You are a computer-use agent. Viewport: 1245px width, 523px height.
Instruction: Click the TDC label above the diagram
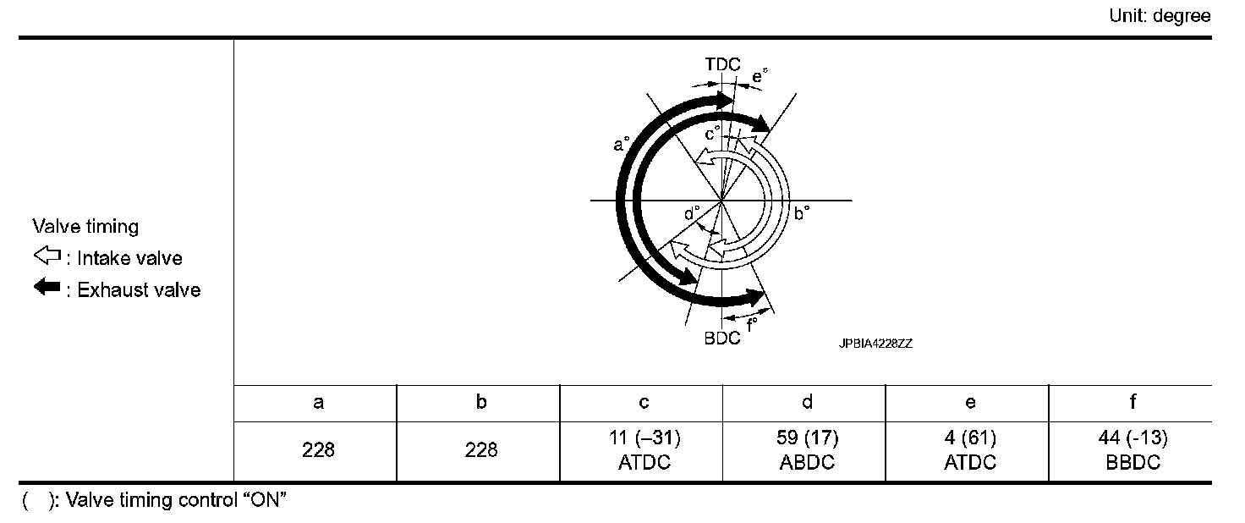pyautogui.click(x=722, y=64)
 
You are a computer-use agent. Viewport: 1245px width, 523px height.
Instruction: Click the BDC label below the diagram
pyautogui.click(x=722, y=338)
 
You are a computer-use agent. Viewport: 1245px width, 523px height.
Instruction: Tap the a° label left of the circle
pyautogui.click(x=621, y=144)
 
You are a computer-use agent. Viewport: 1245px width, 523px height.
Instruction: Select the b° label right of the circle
pyautogui.click(x=802, y=213)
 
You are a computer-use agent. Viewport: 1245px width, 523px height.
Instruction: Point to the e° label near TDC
pyautogui.click(x=760, y=76)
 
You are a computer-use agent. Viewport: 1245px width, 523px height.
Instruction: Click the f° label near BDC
pyautogui.click(x=752, y=324)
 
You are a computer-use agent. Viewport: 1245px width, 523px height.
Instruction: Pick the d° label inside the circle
pyautogui.click(x=691, y=213)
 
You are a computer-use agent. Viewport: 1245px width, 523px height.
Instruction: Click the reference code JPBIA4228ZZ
pyautogui.click(x=875, y=344)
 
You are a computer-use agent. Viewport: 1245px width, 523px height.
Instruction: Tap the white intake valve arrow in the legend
pyautogui.click(x=47, y=256)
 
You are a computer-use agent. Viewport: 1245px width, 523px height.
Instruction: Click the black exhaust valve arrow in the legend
pyautogui.click(x=47, y=287)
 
